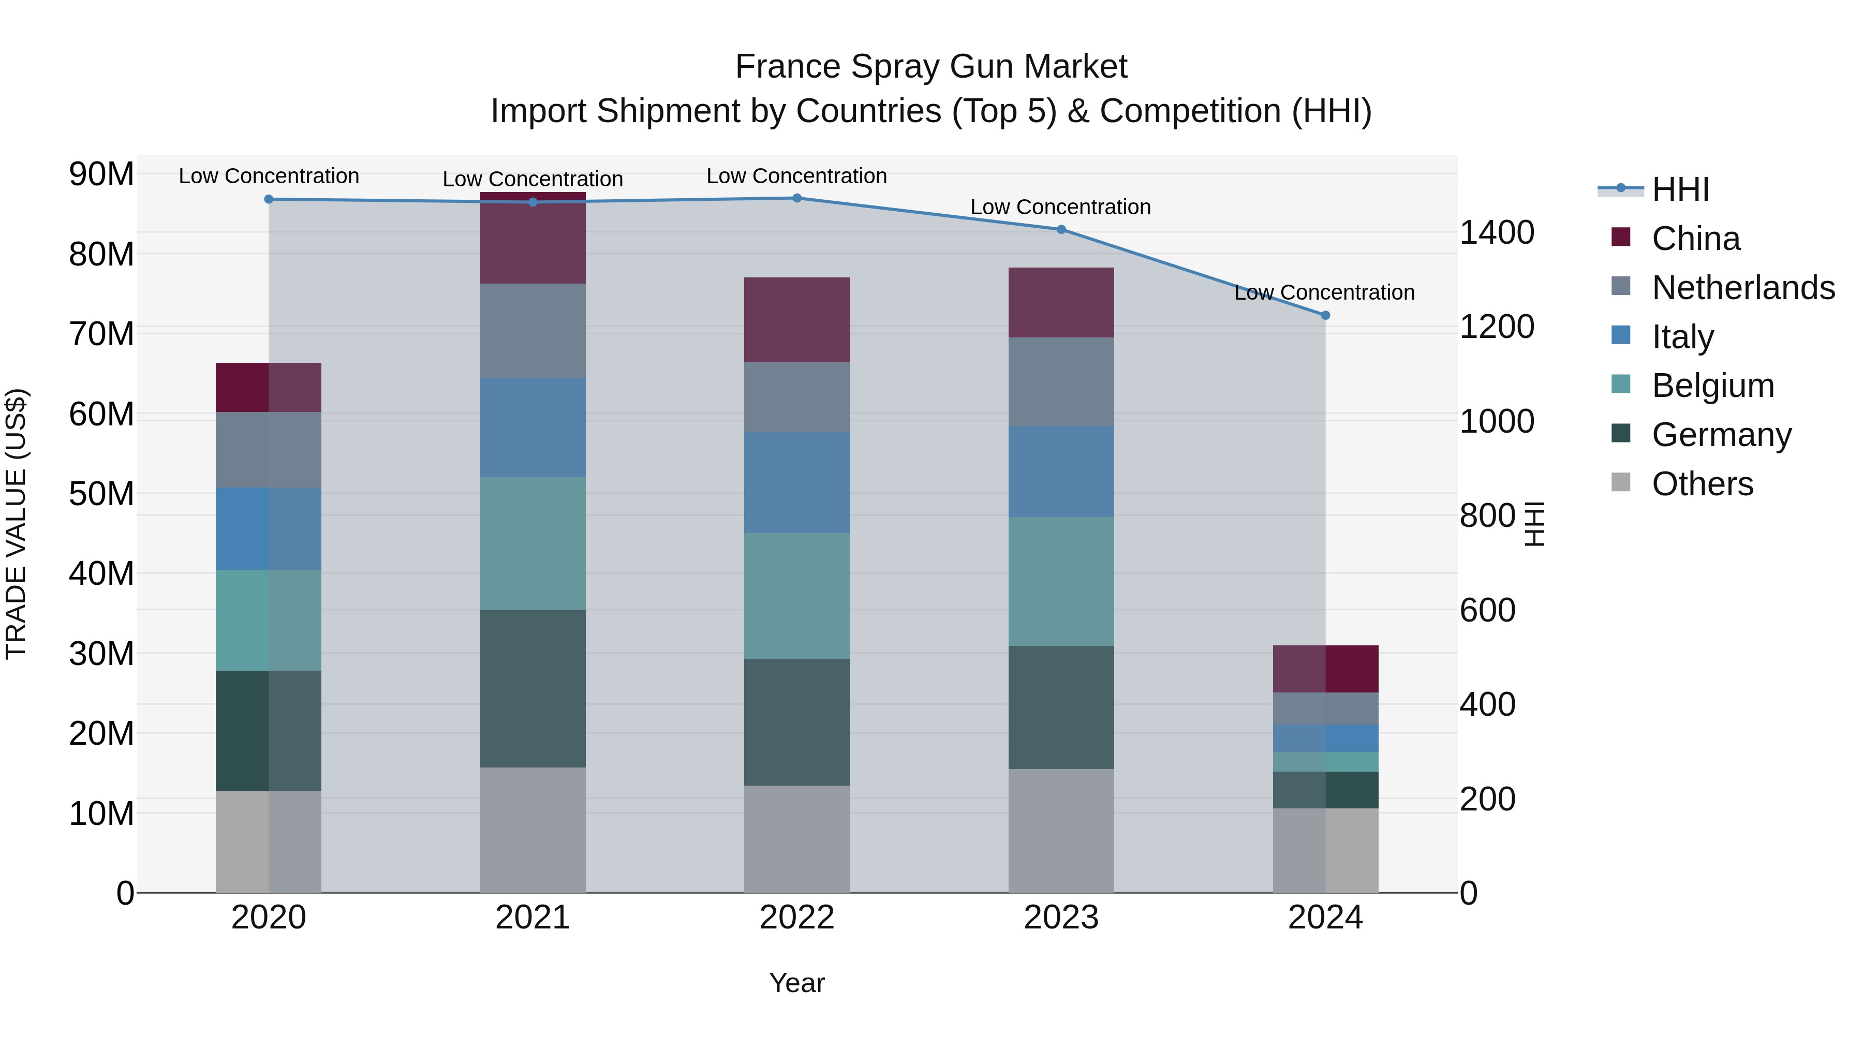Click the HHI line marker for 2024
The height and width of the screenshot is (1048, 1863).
1325,315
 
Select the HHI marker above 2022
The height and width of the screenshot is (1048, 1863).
797,198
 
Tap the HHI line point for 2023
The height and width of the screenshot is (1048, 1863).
1061,229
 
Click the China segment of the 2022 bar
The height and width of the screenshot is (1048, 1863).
797,320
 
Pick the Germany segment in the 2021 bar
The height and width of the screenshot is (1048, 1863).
533,688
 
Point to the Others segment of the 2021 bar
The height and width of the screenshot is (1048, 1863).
533,830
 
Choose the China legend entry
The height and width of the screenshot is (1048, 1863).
1695,239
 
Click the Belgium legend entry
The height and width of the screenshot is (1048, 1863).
1712,386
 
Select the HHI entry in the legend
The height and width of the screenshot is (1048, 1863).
1680,189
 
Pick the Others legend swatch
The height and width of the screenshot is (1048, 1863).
1621,482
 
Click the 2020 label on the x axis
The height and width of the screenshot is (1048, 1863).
268,918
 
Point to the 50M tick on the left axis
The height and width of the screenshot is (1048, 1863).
101,494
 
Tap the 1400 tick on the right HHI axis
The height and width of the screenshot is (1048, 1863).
1496,233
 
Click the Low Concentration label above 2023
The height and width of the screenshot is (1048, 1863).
1060,207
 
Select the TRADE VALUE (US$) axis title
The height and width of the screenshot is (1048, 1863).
16,524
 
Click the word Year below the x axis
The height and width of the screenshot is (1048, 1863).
797,983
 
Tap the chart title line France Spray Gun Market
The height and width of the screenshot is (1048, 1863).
931,67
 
